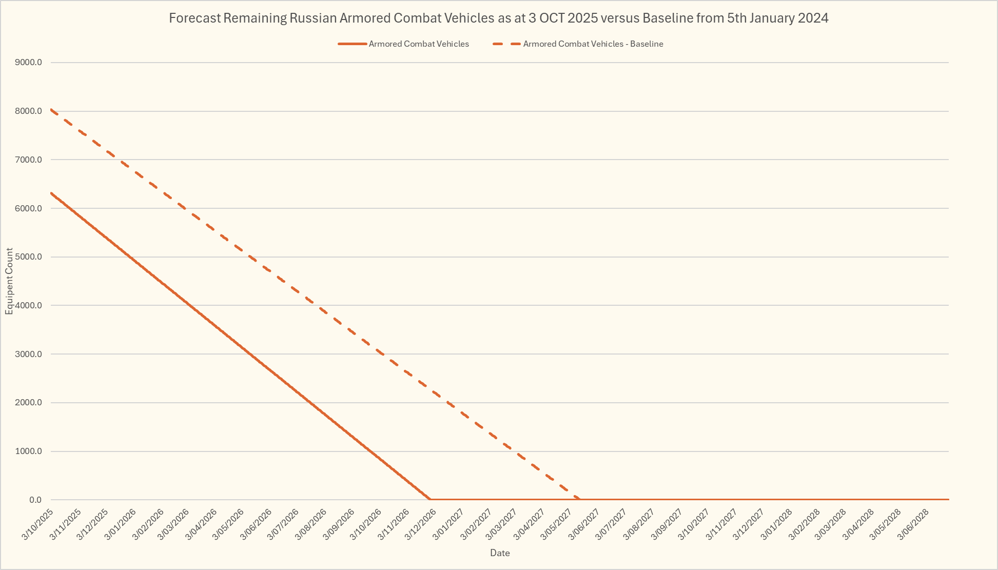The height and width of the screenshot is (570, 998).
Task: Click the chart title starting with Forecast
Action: [498, 18]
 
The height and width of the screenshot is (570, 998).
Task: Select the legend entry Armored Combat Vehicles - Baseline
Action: [593, 44]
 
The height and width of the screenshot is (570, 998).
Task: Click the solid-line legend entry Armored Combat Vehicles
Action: [419, 44]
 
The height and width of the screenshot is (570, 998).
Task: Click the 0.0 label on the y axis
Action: [35, 500]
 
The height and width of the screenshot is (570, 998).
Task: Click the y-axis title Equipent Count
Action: [9, 281]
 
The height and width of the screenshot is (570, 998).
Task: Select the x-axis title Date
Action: [500, 553]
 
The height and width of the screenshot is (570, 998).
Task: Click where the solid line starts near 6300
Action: [51, 193]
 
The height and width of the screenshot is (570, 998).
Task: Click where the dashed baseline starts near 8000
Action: [51, 109]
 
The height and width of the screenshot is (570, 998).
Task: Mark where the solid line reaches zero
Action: [429, 499]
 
